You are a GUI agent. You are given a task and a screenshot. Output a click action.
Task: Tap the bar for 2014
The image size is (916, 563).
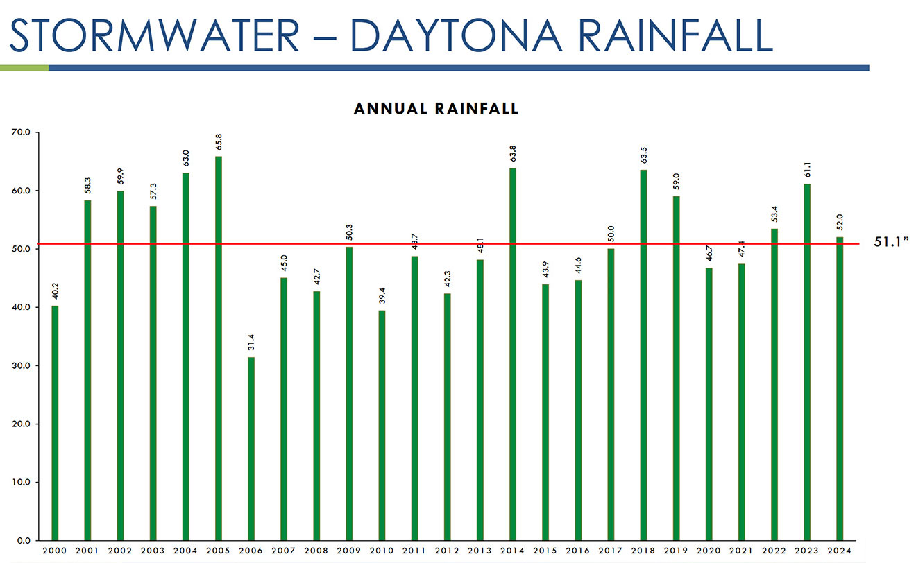pyautogui.click(x=512, y=354)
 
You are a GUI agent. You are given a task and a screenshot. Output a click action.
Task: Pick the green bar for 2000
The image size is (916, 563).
pyautogui.click(x=55, y=422)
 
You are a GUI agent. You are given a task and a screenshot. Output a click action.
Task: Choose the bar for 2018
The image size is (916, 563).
pyautogui.click(x=643, y=354)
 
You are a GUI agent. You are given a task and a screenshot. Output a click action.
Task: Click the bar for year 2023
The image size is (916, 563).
pyautogui.click(x=806, y=361)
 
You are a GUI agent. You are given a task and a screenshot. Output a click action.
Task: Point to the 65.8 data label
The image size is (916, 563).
pyautogui.click(x=219, y=141)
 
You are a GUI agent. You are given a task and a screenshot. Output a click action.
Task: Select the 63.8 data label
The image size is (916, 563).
pyautogui.click(x=513, y=153)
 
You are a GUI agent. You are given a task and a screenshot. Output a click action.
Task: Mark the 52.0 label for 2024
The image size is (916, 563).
pyautogui.click(x=840, y=221)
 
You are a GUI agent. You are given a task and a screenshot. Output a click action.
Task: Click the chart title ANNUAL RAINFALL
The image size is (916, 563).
pyautogui.click(x=436, y=109)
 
